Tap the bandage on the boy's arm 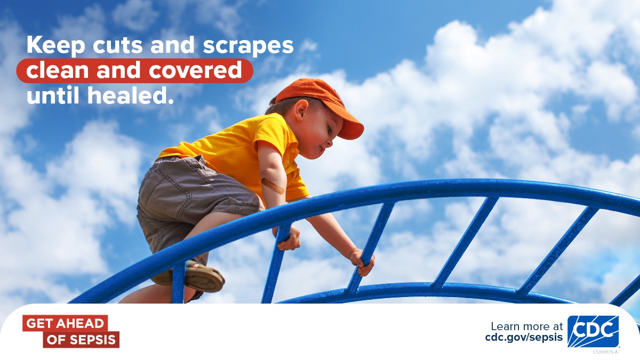tap(273, 186)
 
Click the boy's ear tap(301, 110)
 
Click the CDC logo tap(593, 331)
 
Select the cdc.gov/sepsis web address tap(524, 338)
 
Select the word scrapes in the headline tap(249, 46)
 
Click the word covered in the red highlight tap(195, 70)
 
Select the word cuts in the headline tap(118, 46)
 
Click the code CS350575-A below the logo tap(605, 351)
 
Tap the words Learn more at tap(527, 326)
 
